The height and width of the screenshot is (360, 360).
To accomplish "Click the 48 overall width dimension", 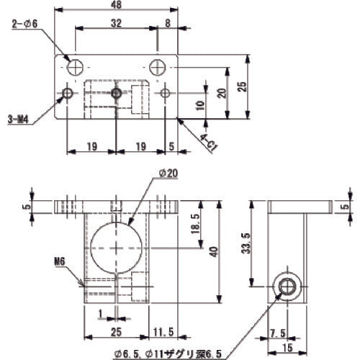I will click(x=117, y=7).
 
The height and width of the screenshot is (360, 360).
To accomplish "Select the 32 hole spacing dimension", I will click(x=117, y=22).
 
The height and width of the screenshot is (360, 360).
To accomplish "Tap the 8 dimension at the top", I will click(x=168, y=22).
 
